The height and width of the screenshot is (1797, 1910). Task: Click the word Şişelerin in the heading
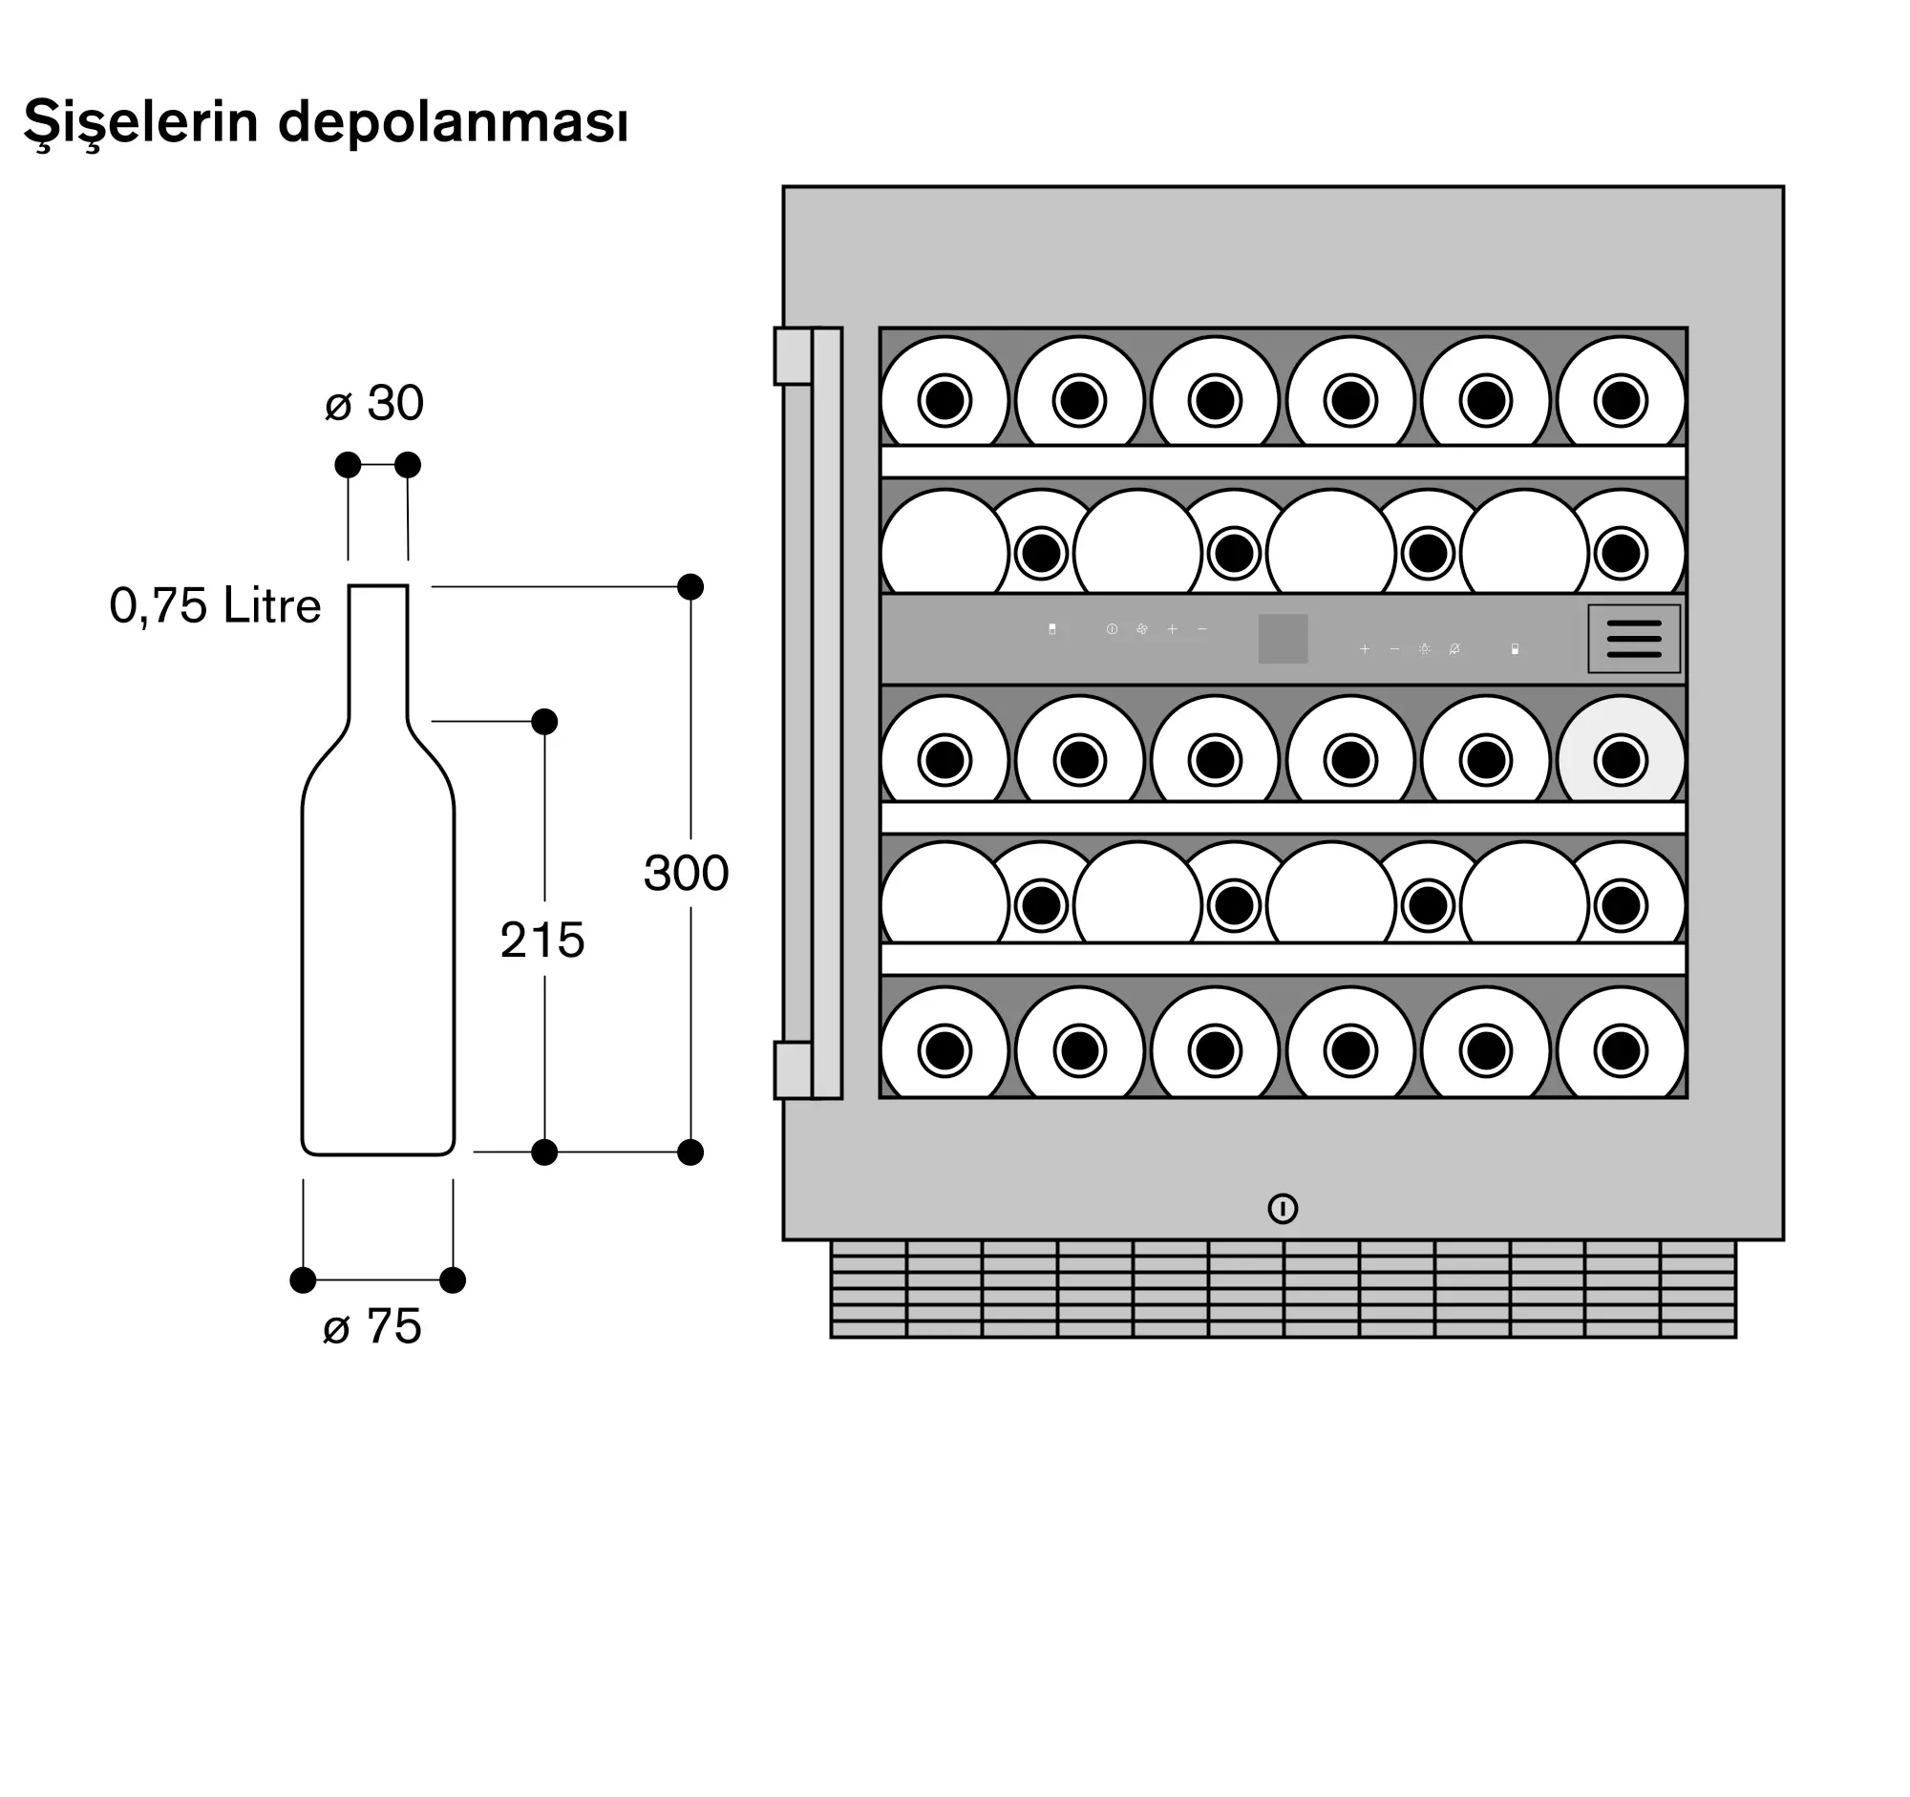pyautogui.click(x=141, y=124)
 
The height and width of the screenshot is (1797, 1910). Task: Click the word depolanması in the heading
pyautogui.click(x=453, y=124)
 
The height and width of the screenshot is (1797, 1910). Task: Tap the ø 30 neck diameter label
pyautogui.click(x=373, y=403)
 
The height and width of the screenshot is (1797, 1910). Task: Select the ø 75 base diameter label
pyautogui.click(x=372, y=1326)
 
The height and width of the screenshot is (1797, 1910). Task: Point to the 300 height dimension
pyautogui.click(x=686, y=873)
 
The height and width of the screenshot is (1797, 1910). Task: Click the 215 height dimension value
pyautogui.click(x=541, y=940)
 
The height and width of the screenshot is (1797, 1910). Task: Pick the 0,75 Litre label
pyautogui.click(x=215, y=606)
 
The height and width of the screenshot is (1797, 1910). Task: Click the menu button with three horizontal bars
pyautogui.click(x=1633, y=639)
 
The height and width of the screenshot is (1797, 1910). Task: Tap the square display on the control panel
pyautogui.click(x=1283, y=639)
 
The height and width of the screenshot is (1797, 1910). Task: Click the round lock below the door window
pyautogui.click(x=1283, y=1208)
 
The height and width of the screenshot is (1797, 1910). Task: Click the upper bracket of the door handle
pyautogui.click(x=794, y=356)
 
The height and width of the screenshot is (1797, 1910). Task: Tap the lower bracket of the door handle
pyautogui.click(x=794, y=1069)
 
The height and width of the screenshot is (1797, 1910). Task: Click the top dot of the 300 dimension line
pyautogui.click(x=690, y=587)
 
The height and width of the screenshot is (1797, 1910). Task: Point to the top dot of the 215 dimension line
pyautogui.click(x=543, y=721)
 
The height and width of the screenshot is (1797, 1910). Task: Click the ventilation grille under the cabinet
pyautogui.click(x=1283, y=1289)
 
